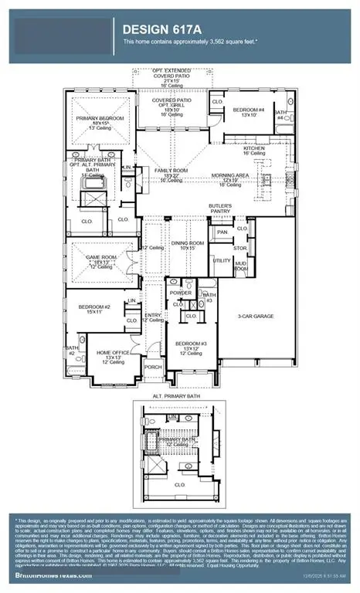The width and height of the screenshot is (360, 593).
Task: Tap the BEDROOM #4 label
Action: click(252, 110)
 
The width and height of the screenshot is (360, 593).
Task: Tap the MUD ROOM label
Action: click(242, 265)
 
